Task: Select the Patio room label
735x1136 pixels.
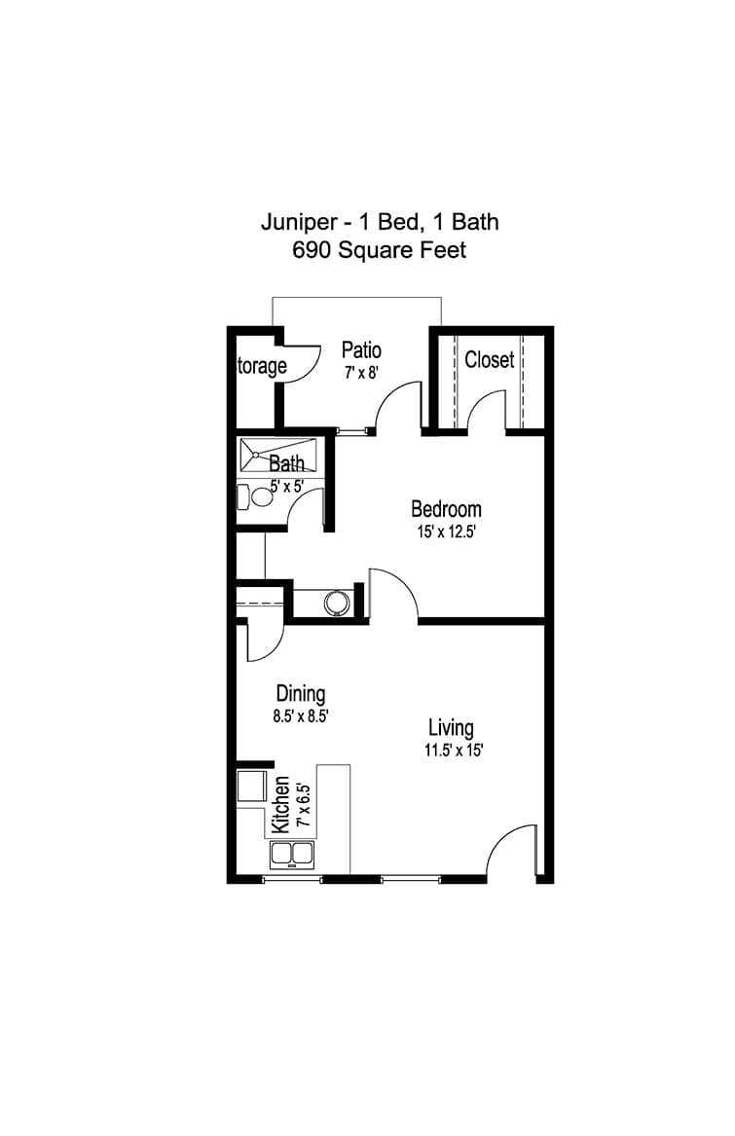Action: coord(361,350)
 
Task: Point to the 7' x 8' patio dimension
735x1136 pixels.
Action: coord(362,374)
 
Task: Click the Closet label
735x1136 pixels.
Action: coord(490,359)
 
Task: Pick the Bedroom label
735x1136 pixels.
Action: coord(446,509)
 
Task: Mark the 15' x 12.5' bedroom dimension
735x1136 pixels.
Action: coord(446,532)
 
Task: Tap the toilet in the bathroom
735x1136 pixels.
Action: coord(252,497)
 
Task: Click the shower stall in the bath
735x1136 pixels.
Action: coord(278,455)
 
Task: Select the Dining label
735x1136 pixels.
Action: coord(301,693)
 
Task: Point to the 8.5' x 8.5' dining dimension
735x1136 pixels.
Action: coord(301,717)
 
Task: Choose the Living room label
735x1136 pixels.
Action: coord(451,728)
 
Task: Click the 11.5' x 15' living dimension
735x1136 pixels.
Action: coord(453,751)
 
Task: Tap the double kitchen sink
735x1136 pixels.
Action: coord(292,855)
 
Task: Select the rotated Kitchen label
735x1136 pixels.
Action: coord(279,805)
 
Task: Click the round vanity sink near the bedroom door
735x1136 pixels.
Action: coord(338,603)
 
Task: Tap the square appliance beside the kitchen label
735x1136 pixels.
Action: coord(251,787)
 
